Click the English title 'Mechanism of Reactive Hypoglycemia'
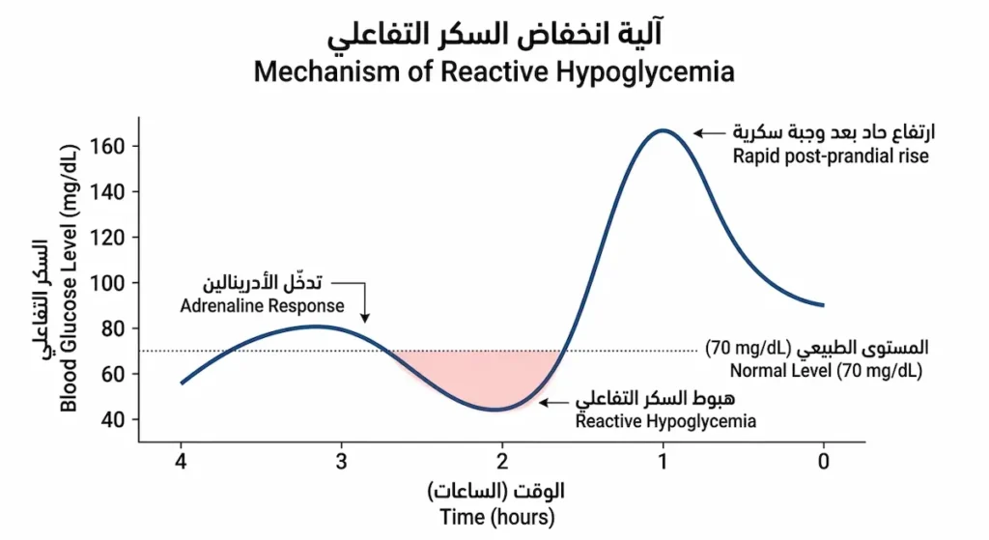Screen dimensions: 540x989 (x=494, y=71)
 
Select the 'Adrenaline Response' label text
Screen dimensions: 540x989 (x=262, y=305)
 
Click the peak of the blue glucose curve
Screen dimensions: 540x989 (x=663, y=129)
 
